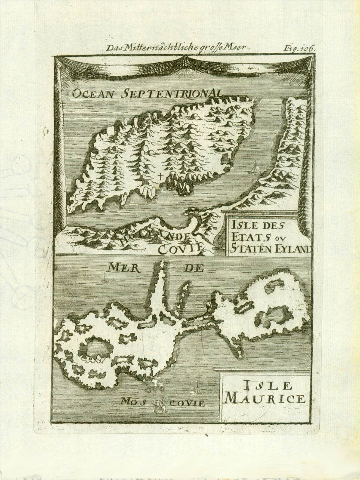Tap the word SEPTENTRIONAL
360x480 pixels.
[x=171, y=93]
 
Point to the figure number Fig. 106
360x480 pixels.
[x=299, y=48]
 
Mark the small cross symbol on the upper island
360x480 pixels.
[x=160, y=176]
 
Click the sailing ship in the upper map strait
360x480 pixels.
[x=255, y=167]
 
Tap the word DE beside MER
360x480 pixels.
[x=193, y=268]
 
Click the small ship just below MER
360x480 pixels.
[x=105, y=279]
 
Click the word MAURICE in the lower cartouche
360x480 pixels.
[x=265, y=398]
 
